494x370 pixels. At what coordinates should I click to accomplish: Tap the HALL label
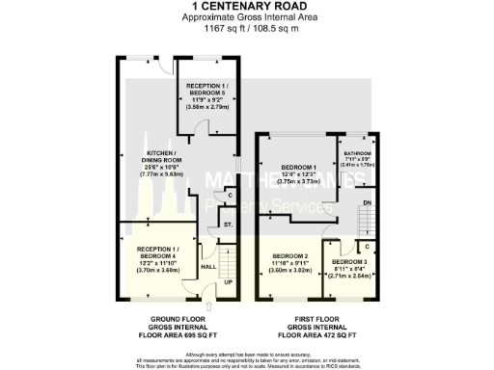click(207, 267)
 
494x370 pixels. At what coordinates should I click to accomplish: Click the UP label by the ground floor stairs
click(228, 282)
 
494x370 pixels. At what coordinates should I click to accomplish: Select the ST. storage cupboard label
click(229, 225)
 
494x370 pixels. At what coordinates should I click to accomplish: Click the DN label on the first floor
click(367, 201)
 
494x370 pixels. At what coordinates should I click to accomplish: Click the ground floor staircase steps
click(228, 260)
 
